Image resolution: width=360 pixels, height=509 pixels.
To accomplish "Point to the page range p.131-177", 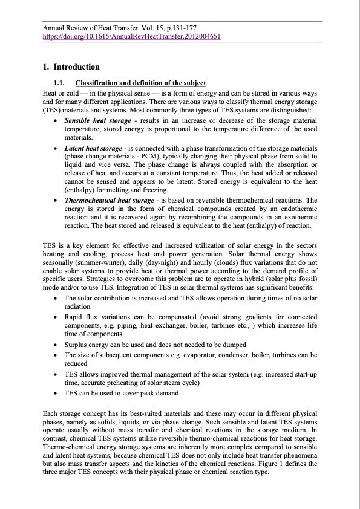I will coord(175,28).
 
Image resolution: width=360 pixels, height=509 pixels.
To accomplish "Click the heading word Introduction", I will coord(76,67).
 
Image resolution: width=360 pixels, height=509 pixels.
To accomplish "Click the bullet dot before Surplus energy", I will coord(56,344).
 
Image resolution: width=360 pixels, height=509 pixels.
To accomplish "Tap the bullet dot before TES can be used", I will coord(56,393).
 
